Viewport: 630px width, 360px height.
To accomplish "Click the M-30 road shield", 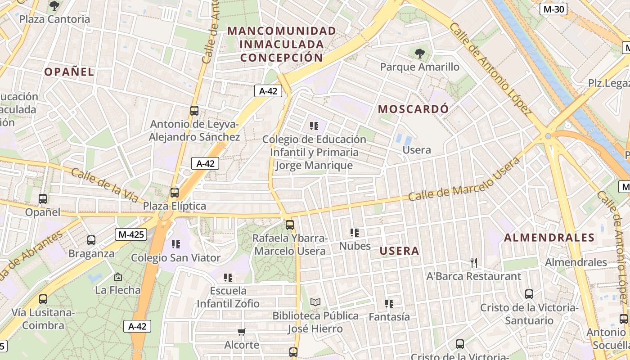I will tap(553, 9).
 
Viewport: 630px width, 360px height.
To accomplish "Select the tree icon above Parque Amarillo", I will tap(419, 54).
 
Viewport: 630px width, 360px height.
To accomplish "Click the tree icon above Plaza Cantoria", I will tap(54, 6).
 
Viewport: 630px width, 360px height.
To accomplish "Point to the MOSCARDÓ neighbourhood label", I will tap(413, 109).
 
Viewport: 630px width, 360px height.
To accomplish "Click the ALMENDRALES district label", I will tap(549, 238).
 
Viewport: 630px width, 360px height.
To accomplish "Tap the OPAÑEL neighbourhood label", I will tap(69, 72).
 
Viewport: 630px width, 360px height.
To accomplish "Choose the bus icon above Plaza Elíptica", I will tap(175, 193).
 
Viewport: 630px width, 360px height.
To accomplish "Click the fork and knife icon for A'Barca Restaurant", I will tap(473, 262).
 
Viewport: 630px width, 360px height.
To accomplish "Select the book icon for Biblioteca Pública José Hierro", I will tap(315, 302).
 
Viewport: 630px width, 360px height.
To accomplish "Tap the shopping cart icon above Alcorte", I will tap(242, 332).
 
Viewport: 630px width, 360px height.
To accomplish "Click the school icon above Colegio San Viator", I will tap(175, 244).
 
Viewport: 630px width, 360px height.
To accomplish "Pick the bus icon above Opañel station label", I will tap(43, 198).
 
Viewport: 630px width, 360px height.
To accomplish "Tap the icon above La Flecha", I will tap(118, 277).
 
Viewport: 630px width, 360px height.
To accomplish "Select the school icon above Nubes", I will tap(355, 233).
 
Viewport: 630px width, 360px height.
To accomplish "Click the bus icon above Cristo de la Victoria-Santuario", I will tap(529, 294).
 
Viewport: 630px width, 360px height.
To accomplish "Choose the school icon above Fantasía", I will tap(389, 304).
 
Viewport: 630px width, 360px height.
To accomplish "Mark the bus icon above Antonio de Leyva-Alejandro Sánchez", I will tap(194, 111).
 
